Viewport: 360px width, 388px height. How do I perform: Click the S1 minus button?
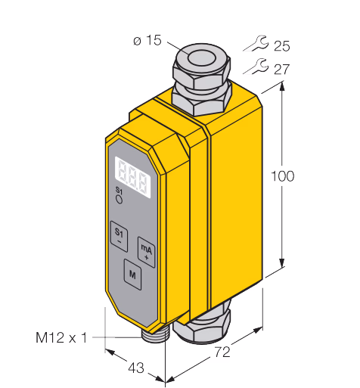click(119, 236)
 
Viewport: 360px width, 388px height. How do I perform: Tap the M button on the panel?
click(132, 275)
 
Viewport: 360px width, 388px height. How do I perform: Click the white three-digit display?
click(132, 177)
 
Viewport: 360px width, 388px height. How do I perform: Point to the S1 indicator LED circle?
click(119, 200)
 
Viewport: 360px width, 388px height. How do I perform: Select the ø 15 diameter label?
click(147, 40)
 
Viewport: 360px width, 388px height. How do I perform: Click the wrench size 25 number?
click(282, 46)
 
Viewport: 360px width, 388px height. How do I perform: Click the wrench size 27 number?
click(282, 70)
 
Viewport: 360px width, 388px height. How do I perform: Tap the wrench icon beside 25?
click(256, 43)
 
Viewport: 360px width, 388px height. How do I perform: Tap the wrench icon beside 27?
click(256, 67)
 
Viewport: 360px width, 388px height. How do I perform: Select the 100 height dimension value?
click(282, 176)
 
